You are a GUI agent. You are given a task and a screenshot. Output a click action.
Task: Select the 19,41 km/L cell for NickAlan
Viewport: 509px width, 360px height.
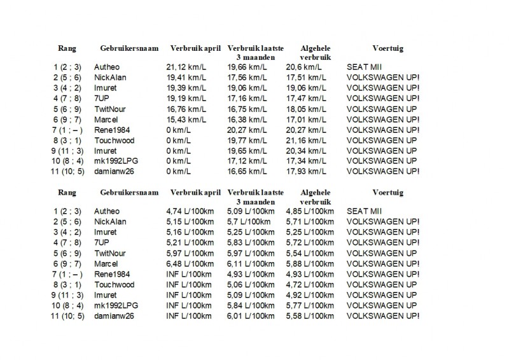183,76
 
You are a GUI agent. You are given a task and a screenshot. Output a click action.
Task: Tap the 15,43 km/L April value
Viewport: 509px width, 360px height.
183,119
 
